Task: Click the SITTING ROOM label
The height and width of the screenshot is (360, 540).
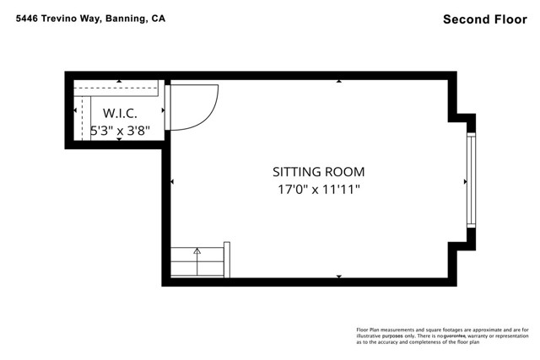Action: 318,171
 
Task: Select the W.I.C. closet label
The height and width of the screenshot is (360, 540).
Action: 120,113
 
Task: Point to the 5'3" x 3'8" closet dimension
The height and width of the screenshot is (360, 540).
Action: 121,131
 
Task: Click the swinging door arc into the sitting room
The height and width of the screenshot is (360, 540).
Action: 199,110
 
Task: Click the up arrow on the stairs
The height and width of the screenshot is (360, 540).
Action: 197,250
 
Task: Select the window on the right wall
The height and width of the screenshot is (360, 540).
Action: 470,180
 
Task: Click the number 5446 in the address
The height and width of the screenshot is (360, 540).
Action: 27,18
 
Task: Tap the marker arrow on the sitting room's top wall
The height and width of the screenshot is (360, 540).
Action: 339,82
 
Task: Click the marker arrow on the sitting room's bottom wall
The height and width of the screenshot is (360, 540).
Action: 339,277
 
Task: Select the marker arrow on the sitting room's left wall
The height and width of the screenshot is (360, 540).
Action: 172,180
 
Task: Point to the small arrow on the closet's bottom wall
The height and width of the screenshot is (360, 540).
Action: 119,139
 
